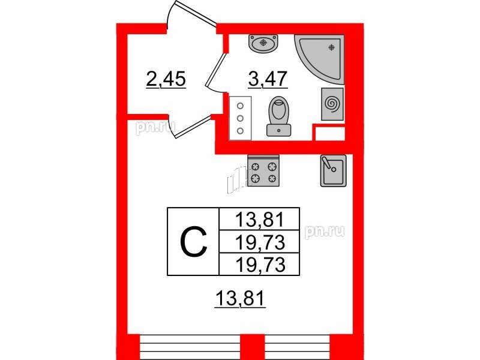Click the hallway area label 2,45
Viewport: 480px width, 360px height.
coord(166,79)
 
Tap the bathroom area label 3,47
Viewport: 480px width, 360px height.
coord(268,79)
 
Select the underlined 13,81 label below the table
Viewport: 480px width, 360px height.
coord(239,298)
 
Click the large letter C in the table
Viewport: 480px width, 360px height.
coord(193,241)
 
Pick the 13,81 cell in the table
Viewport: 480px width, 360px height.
coord(259,219)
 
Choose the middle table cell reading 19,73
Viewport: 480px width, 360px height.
coord(259,242)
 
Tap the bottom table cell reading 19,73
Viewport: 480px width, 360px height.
coord(259,264)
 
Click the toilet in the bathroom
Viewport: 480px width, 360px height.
coord(278,116)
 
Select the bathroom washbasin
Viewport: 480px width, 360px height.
coord(263,43)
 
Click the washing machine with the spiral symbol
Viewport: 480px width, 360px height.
coord(332,104)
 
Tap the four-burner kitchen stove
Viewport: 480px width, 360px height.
coord(263,171)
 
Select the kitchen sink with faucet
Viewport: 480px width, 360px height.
coord(333,170)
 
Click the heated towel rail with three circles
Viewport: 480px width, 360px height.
coord(241,118)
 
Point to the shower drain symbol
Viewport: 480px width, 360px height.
coord(331,47)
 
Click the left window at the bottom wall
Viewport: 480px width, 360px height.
coord(190,347)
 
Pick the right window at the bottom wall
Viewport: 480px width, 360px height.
coord(297,347)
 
